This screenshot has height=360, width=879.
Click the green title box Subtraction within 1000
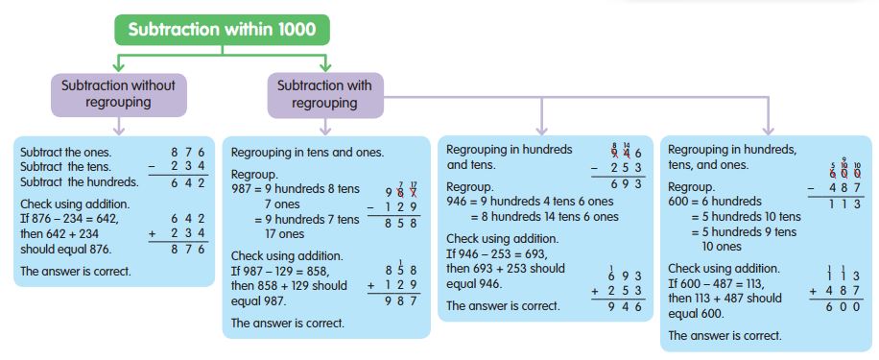pyautogui.click(x=222, y=29)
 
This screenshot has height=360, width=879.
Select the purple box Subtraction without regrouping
pyautogui.click(x=118, y=93)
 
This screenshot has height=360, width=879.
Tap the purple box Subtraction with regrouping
pyautogui.click(x=324, y=93)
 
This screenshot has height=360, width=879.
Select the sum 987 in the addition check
pyautogui.click(x=387, y=300)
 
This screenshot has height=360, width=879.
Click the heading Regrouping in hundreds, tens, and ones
pyautogui.click(x=732, y=157)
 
